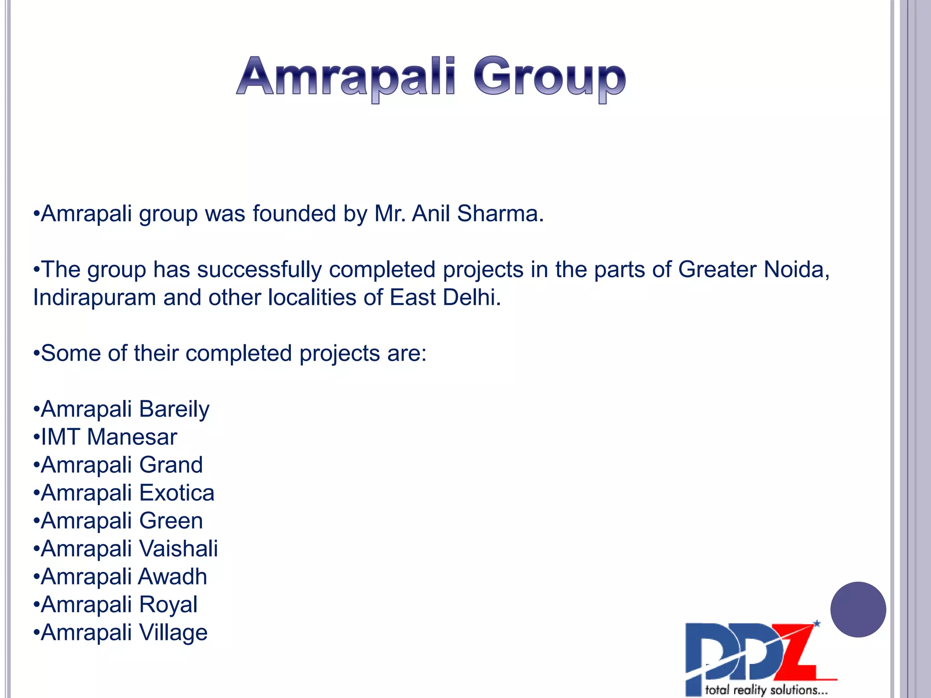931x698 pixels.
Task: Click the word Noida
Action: pos(796,269)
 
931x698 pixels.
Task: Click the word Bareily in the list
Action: pos(174,409)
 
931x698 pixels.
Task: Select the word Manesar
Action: pos(132,437)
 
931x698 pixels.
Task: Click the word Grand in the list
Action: pos(171,465)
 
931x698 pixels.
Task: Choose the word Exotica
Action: pos(177,493)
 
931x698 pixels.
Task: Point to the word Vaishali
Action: pos(178,549)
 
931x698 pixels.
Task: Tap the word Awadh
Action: pos(173,577)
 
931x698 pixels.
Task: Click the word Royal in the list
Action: pos(168,605)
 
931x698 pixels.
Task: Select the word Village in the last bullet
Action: pos(173,633)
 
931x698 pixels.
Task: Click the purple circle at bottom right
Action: pos(858,609)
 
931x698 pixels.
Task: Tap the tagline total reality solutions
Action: pos(766,690)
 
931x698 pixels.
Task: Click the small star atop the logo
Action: pos(817,623)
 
